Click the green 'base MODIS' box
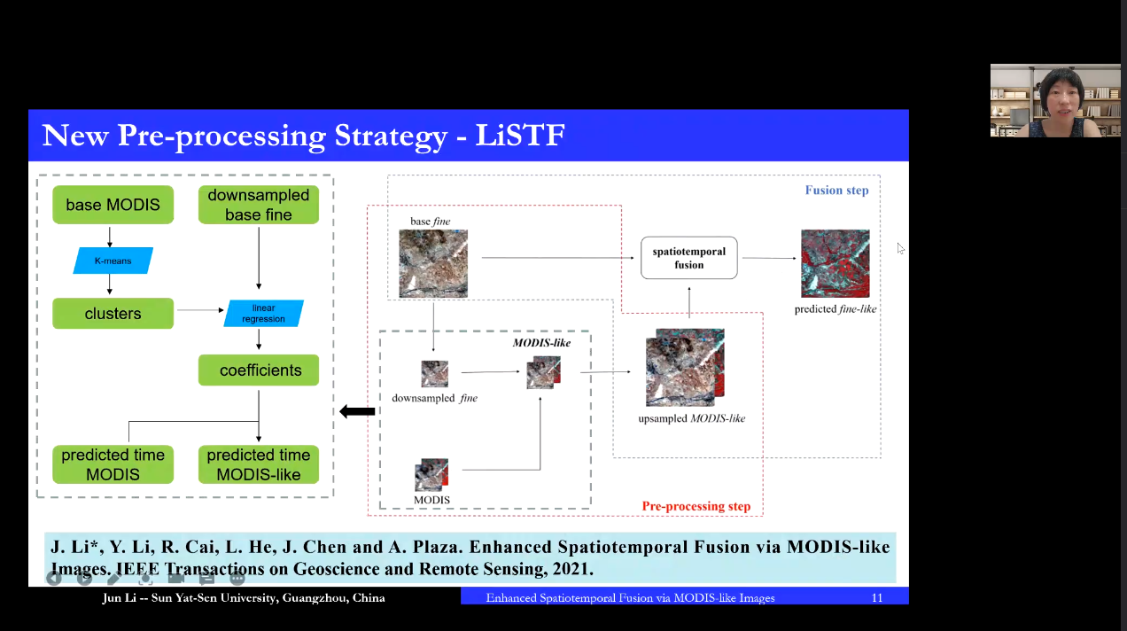113,205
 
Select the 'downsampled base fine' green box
258,205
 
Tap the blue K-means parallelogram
113,261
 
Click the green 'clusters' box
113,314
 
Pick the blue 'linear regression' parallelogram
263,314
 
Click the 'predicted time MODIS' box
113,464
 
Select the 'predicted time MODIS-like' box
258,464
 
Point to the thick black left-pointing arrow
357,411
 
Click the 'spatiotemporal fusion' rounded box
688,258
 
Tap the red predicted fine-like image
835,263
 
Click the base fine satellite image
433,263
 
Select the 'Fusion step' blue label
836,191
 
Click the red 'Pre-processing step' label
696,507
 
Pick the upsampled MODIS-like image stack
684,368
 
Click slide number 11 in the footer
876,598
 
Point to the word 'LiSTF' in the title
520,136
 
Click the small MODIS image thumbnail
431,475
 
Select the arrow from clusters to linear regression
199,310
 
